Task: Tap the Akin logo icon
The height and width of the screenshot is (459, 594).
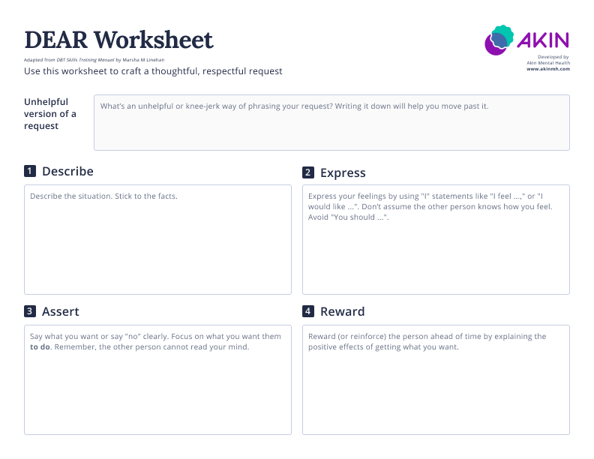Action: click(499, 40)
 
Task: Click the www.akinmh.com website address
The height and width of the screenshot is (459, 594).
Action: click(548, 69)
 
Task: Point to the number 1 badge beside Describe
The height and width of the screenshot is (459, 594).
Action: click(30, 171)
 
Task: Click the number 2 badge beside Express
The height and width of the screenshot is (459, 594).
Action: click(308, 172)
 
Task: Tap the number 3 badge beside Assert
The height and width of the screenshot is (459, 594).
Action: click(30, 311)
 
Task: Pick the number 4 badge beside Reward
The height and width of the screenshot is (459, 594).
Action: click(308, 311)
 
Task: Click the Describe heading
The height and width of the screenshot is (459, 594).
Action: click(67, 171)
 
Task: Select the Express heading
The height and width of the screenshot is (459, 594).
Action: click(343, 172)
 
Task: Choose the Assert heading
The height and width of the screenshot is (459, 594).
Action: click(61, 311)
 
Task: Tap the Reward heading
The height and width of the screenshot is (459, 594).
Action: click(342, 311)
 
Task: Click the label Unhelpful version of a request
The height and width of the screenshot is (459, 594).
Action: click(50, 113)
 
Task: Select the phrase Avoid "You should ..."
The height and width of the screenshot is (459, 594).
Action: click(349, 217)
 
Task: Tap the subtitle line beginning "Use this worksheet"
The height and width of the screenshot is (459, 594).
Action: click(153, 71)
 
